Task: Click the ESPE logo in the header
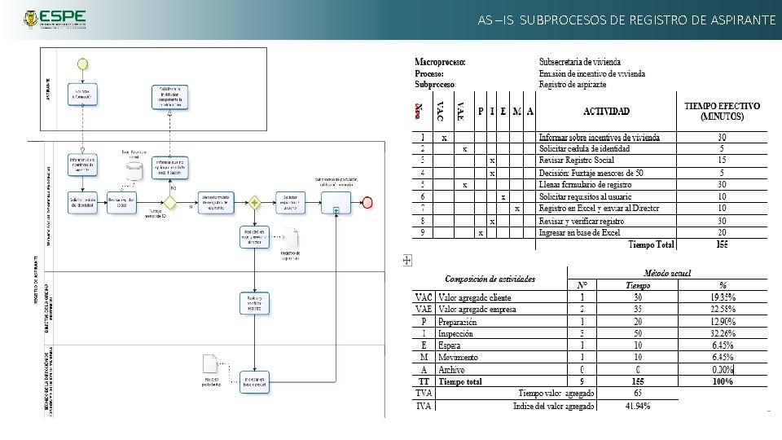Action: tap(52, 19)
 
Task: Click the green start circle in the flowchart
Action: tap(81, 63)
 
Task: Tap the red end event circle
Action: tap(368, 202)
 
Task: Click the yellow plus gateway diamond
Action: tap(255, 201)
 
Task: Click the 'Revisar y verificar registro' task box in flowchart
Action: tap(254, 302)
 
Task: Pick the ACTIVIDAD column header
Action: tap(606, 111)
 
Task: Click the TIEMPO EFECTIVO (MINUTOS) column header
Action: tap(722, 111)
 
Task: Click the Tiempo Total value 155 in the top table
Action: tap(722, 244)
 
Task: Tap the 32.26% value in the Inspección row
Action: tap(720, 333)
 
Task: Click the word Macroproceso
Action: tap(440, 61)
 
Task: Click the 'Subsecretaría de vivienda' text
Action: tap(579, 61)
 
